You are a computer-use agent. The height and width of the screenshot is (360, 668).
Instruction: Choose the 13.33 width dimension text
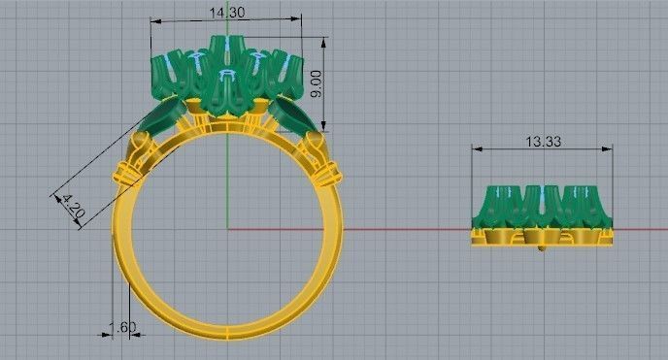[544, 142]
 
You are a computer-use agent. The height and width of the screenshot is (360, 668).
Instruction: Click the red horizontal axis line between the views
[408, 229]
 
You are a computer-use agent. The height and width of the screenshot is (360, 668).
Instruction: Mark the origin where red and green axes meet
[227, 229]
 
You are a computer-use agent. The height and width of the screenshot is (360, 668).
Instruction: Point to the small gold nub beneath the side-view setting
[542, 248]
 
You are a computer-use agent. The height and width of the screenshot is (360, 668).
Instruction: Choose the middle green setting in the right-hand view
[543, 204]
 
